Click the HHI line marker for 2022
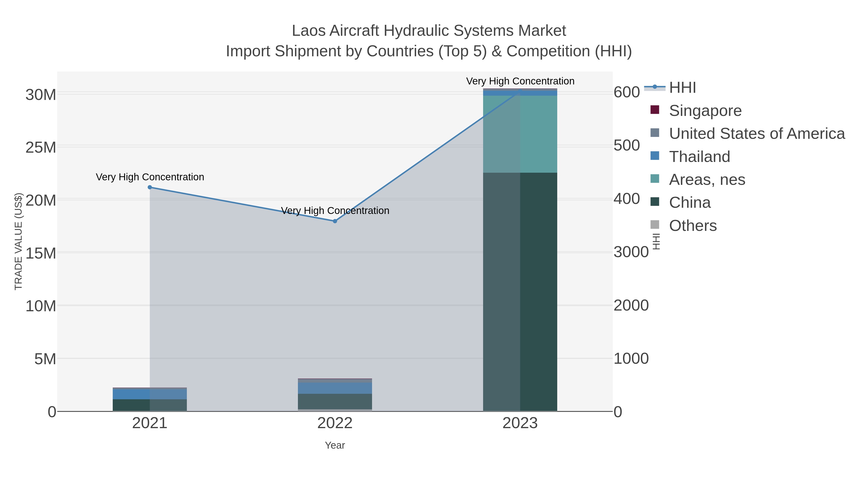pos(335,221)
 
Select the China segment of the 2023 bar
pos(520,292)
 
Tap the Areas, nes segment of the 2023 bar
pos(520,134)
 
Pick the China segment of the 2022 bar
pos(335,401)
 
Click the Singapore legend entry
pos(705,111)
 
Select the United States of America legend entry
pos(756,134)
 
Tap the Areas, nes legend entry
pos(707,180)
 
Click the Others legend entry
pos(692,226)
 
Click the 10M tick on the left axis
pos(41,306)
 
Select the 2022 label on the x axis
pos(335,424)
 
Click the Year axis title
pos(335,445)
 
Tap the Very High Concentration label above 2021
pos(150,177)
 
